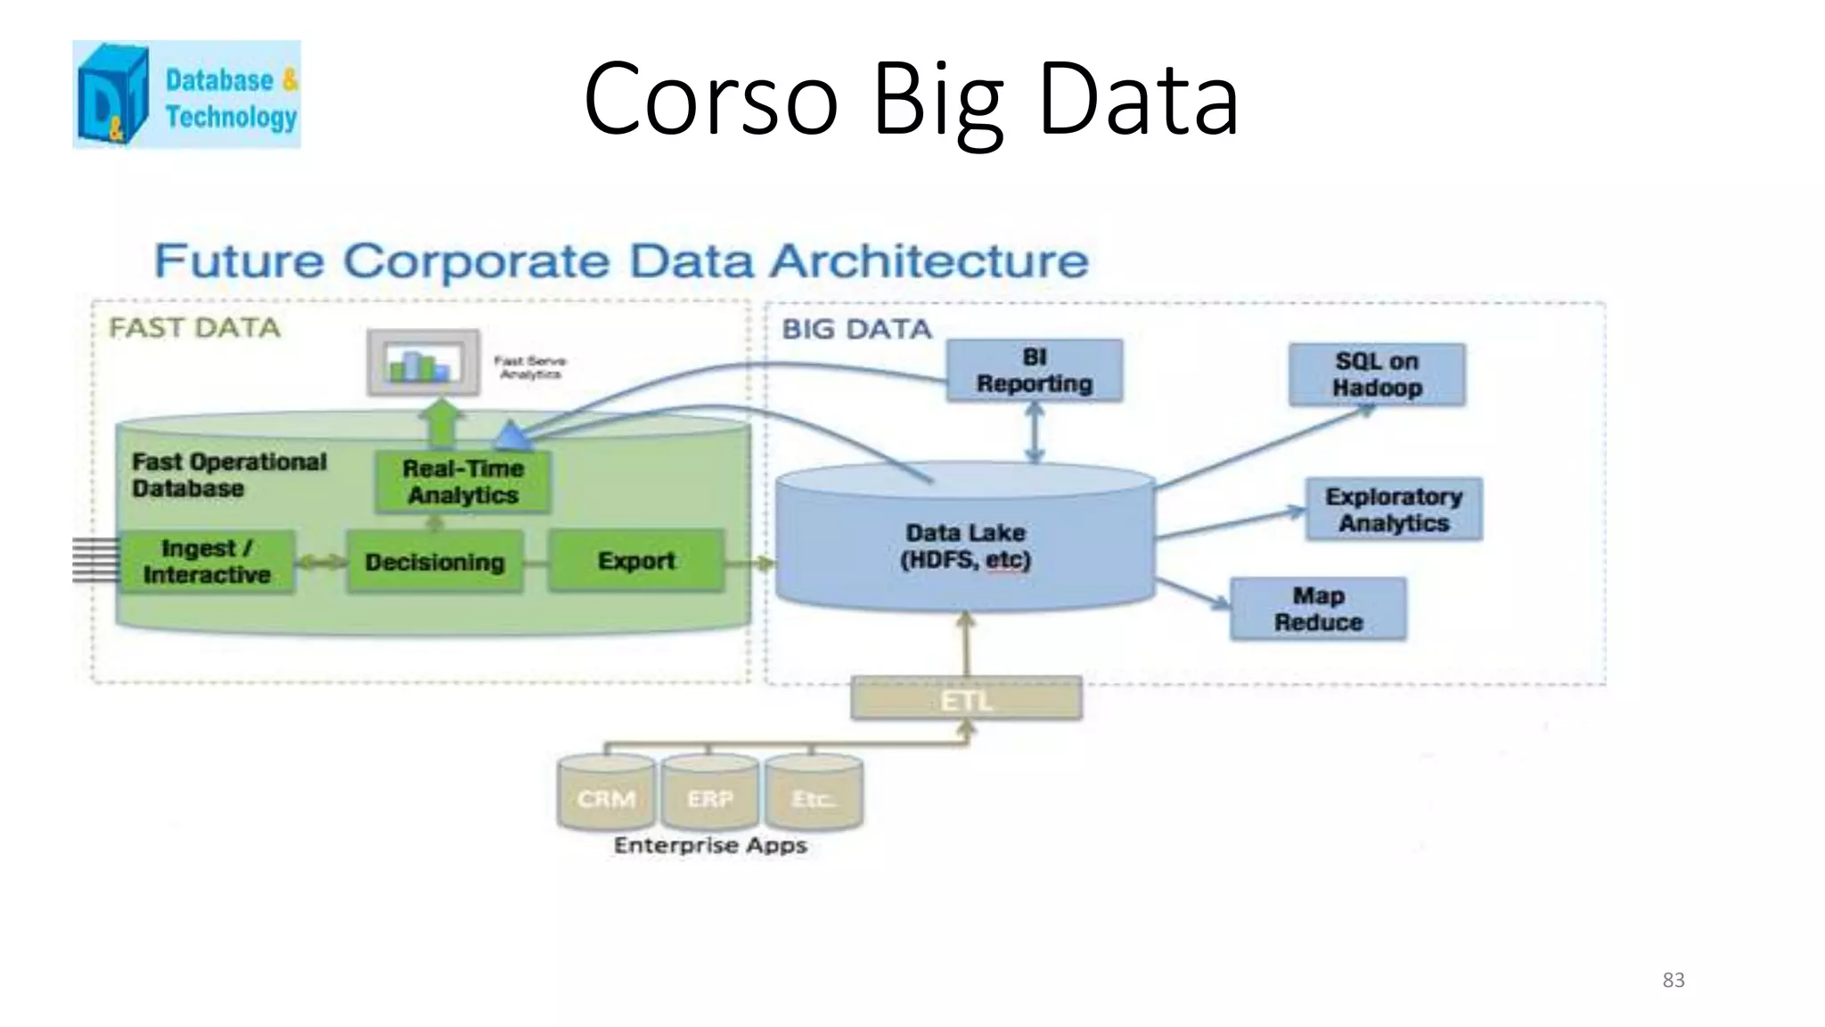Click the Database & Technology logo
[x=186, y=94]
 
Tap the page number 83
[x=1673, y=980]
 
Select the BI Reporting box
[x=1034, y=371]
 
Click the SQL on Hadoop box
[x=1376, y=374]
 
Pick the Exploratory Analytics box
[x=1394, y=509]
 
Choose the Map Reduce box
[x=1318, y=609]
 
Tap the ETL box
[x=966, y=699]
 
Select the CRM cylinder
[x=606, y=793]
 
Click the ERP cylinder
[x=710, y=793]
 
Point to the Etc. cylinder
[x=813, y=793]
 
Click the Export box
[x=636, y=561]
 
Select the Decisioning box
[x=435, y=562]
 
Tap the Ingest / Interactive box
[x=206, y=562]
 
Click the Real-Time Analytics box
[x=462, y=481]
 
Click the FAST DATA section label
[x=194, y=328]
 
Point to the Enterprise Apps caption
[x=710, y=845]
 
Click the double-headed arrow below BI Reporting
[x=1034, y=432]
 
